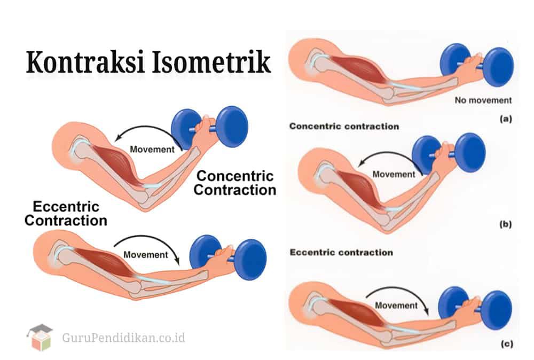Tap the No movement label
click(483, 100)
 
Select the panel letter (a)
click(505, 120)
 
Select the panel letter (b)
click(505, 225)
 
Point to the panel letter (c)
click(505, 345)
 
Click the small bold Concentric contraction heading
click(344, 127)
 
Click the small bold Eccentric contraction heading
click(341, 252)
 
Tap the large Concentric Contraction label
click(235, 183)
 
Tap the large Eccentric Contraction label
click(66, 213)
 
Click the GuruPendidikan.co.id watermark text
click(123, 338)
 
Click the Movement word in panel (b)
click(394, 174)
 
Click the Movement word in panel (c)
click(396, 306)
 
